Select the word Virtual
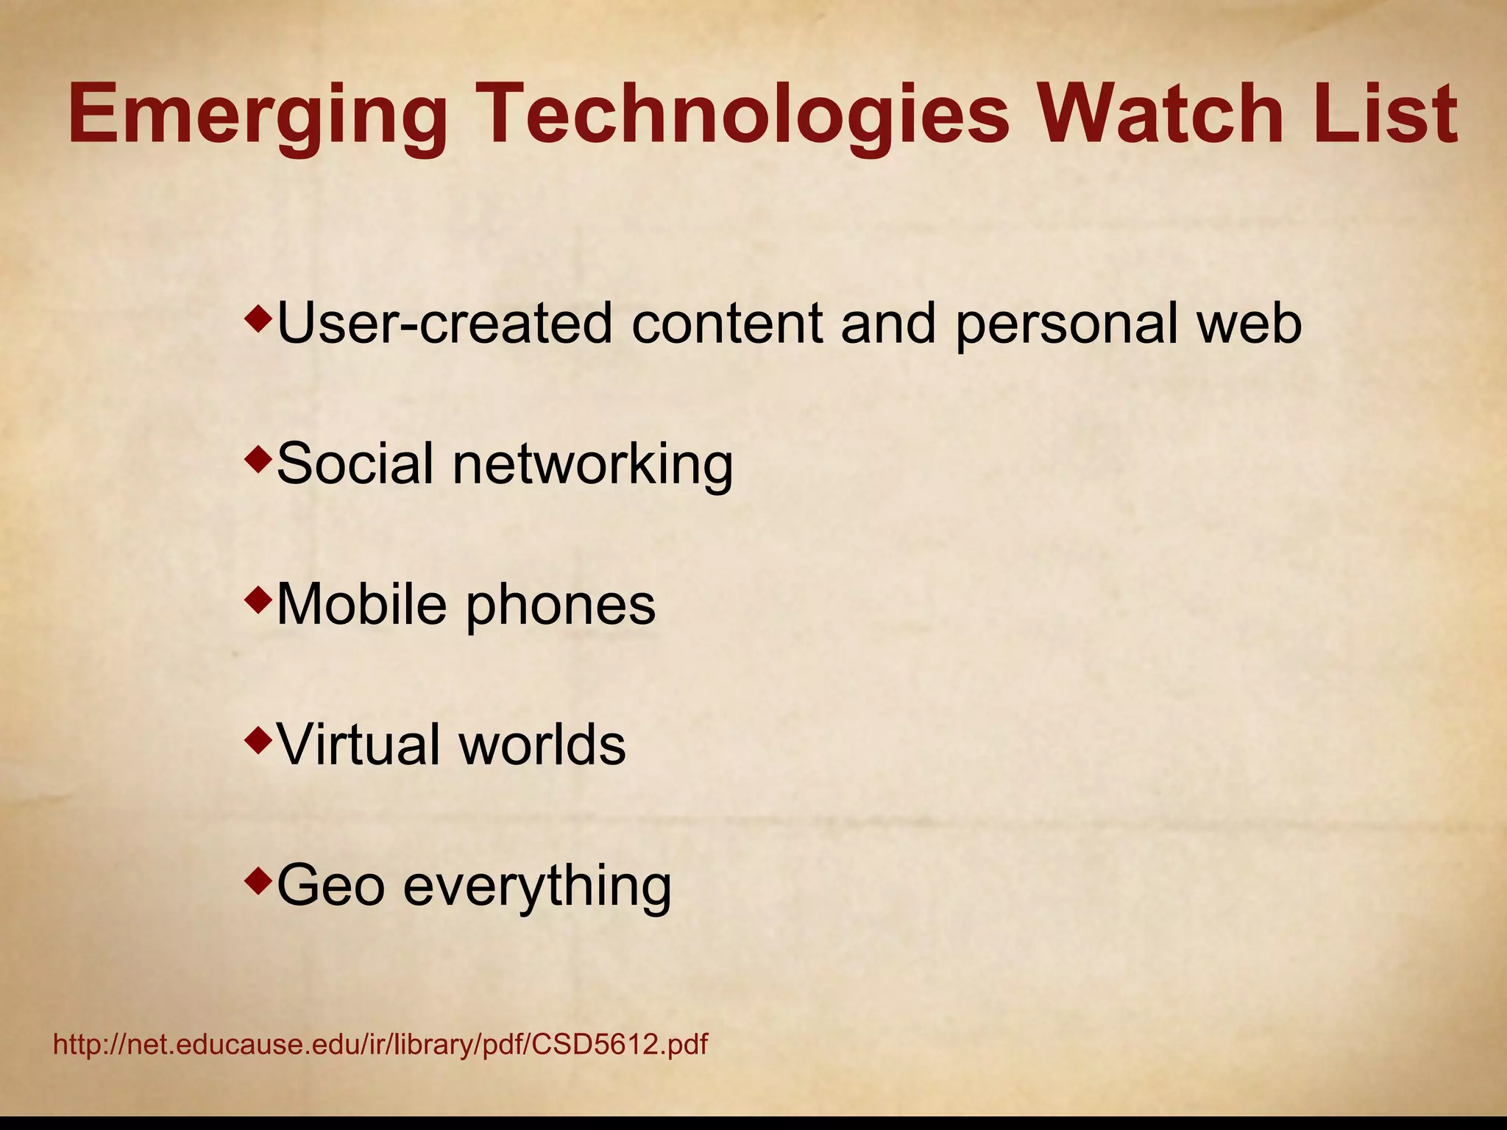tap(360, 745)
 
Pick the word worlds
tap(542, 745)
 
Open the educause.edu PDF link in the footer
tap(380, 1045)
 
